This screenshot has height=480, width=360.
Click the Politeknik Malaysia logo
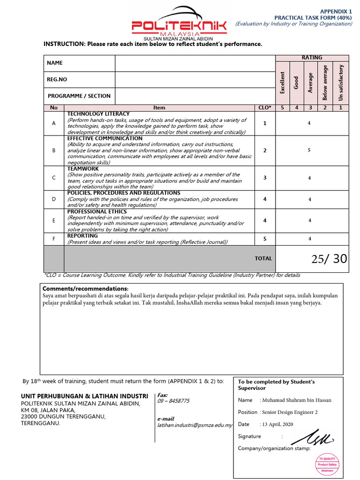[180, 22]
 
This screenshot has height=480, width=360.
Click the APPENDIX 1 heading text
[336, 11]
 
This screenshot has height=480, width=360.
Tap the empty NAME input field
[195, 63]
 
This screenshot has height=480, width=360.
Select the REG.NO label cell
[79, 80]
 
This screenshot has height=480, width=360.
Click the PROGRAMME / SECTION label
[79, 96]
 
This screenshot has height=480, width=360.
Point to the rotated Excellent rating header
[282, 82]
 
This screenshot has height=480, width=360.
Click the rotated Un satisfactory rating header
[341, 82]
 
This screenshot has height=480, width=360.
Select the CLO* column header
[265, 108]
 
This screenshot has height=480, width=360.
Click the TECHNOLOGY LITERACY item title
[98, 114]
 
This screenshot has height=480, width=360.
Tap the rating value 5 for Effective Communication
[309, 150]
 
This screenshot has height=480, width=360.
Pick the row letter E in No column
[54, 220]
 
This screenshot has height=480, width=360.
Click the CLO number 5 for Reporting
[265, 239]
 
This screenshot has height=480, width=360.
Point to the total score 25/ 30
[329, 259]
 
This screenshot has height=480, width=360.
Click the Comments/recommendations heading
[85, 288]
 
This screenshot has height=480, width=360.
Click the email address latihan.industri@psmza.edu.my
[195, 425]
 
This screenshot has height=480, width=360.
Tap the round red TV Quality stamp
[328, 465]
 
